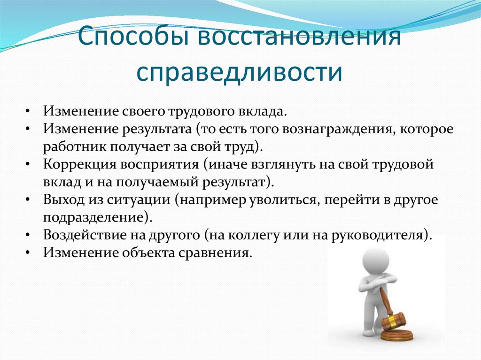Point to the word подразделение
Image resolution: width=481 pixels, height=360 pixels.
tap(94, 216)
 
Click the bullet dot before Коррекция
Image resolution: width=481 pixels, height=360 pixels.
tap(29, 165)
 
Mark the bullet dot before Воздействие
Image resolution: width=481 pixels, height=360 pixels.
tap(29, 234)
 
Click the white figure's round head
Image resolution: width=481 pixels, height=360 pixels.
tap(374, 260)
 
